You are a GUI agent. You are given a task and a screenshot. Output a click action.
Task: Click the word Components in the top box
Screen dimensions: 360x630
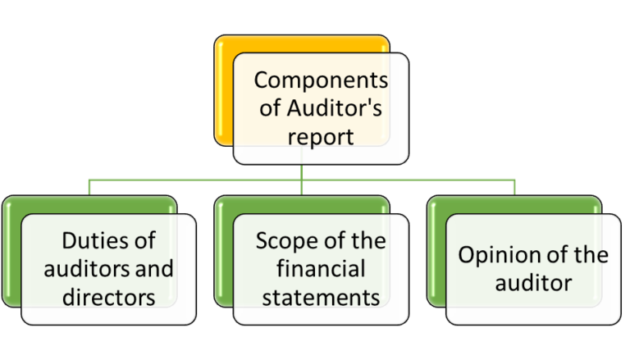tap(320, 80)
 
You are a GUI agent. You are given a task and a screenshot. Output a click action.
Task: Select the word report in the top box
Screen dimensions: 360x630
tap(320, 135)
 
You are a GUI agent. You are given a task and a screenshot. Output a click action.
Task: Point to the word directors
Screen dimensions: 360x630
tap(109, 296)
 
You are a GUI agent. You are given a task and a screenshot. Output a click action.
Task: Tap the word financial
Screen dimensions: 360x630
tap(321, 268)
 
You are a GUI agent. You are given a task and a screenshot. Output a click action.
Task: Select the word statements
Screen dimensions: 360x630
tap(321, 296)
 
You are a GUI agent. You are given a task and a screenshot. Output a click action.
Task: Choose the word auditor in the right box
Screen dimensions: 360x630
tap(532, 283)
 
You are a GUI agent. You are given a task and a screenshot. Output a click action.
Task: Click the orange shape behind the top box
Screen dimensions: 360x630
tap(223, 98)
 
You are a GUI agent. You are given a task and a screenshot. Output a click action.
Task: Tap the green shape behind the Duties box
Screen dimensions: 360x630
tap(10, 254)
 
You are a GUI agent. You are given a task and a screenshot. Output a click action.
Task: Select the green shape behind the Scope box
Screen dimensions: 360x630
tap(223, 254)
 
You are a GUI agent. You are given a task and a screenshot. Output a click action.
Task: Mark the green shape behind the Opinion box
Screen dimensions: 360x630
tap(436, 254)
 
